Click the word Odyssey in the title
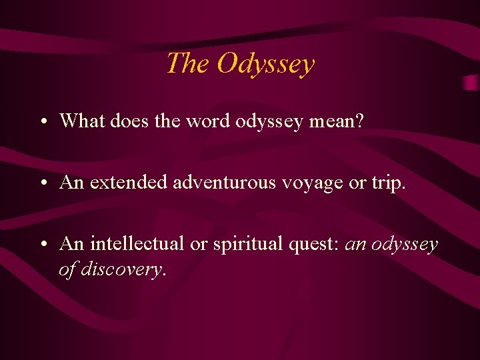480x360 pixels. tap(265, 65)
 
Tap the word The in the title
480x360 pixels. tap(189, 63)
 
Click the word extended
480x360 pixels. tap(129, 182)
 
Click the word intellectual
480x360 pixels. tap(137, 243)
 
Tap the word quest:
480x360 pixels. tap(315, 245)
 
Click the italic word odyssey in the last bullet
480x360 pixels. tap(405, 245)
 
